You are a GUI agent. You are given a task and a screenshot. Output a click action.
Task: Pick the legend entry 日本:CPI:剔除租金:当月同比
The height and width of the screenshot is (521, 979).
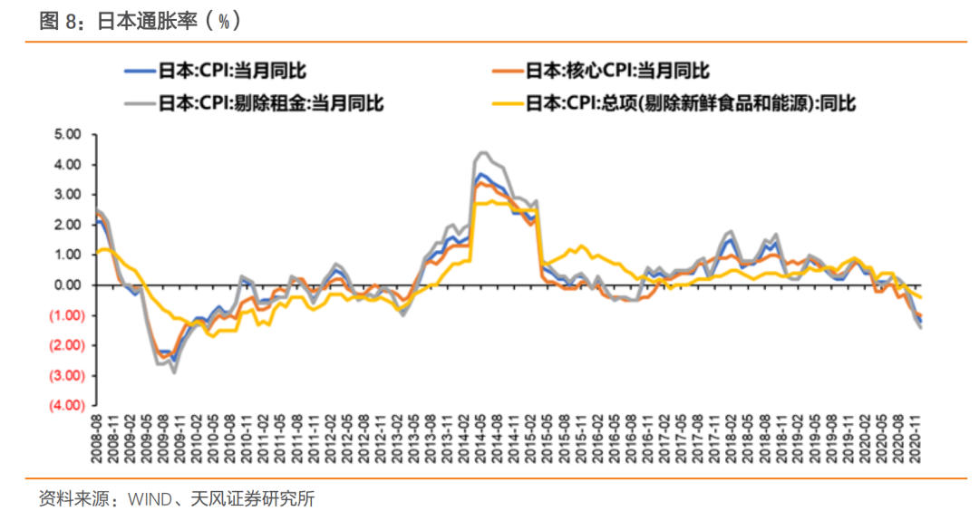pyautogui.click(x=271, y=101)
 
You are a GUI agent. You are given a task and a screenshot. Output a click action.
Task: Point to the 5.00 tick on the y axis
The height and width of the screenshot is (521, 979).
pyautogui.click(x=69, y=134)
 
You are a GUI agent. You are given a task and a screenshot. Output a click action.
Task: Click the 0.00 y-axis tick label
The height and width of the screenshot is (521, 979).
pyautogui.click(x=69, y=285)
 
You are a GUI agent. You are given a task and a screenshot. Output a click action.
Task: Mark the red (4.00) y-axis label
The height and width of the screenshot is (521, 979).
pyautogui.click(x=67, y=405)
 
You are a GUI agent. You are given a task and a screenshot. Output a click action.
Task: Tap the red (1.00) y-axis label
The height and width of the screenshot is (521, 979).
pyautogui.click(x=67, y=315)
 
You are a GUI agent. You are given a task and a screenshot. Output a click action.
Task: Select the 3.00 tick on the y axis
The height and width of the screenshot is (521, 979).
pyautogui.click(x=69, y=195)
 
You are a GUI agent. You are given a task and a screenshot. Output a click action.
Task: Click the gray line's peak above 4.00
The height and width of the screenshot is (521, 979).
pyautogui.click(x=482, y=152)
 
